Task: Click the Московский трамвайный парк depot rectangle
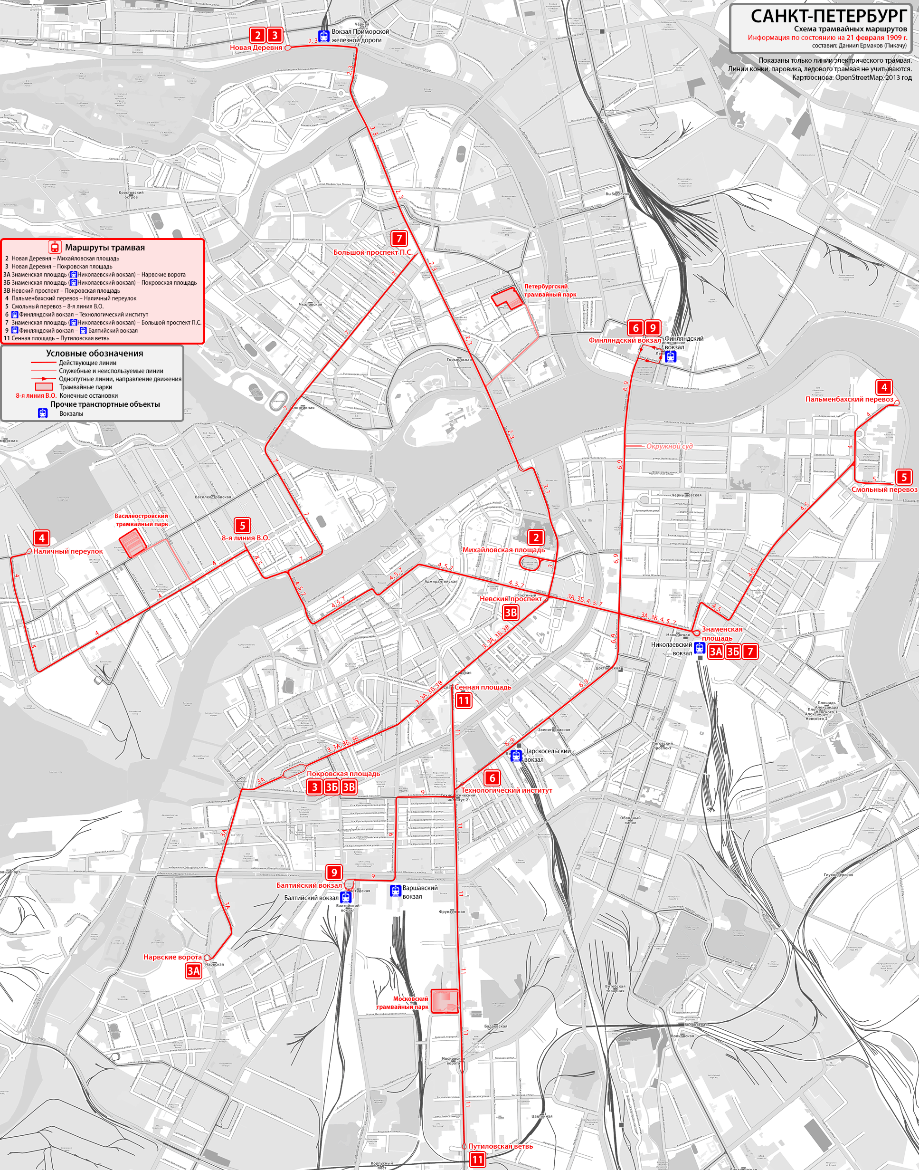[445, 1001]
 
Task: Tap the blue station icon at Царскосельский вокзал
[516, 756]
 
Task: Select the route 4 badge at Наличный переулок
[41, 537]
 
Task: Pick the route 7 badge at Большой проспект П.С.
[398, 239]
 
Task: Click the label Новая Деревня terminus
[256, 48]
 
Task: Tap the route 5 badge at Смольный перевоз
[904, 477]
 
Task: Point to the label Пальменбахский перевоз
[849, 400]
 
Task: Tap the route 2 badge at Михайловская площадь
[535, 537]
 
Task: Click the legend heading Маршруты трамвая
[105, 248]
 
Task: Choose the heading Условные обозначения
[94, 353]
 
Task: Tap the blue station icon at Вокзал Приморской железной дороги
[323, 36]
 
